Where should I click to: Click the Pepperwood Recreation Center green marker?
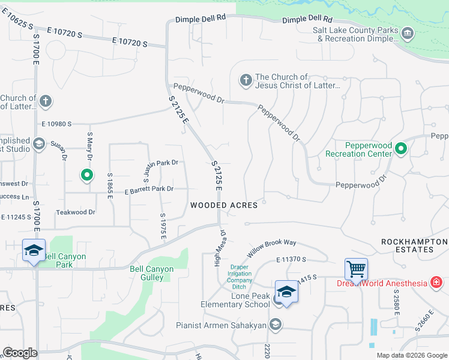(x=402, y=149)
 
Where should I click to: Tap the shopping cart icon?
(x=356, y=269)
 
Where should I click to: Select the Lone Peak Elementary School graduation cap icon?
(x=287, y=292)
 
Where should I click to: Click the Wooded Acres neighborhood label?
(x=224, y=205)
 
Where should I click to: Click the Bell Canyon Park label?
(x=66, y=260)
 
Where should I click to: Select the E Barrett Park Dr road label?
(x=149, y=190)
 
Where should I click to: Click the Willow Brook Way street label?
(x=273, y=247)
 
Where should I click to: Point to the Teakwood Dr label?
(x=76, y=212)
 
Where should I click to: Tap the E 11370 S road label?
(x=292, y=259)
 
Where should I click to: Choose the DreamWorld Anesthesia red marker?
(x=436, y=283)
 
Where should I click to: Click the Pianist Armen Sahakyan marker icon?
(x=276, y=325)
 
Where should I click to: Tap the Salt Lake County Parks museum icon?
(x=408, y=32)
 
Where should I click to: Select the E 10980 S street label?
(x=56, y=124)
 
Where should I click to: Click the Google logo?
(x=20, y=353)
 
